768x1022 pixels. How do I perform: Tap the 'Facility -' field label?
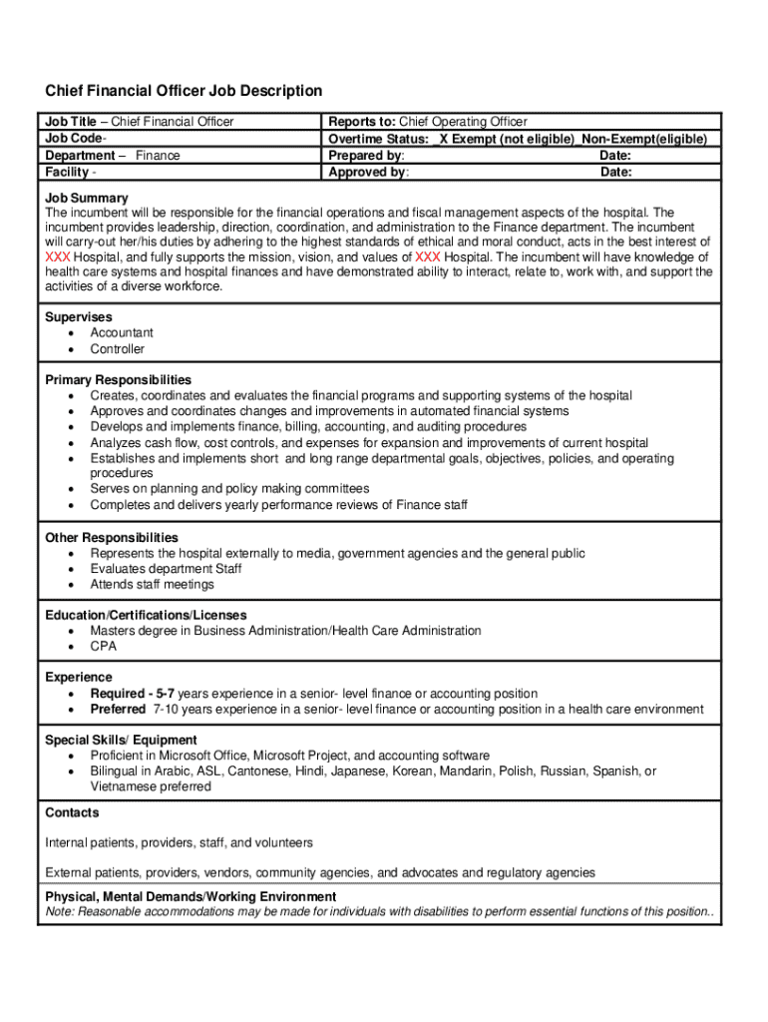pos(72,173)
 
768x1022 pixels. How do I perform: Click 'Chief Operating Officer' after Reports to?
pos(459,122)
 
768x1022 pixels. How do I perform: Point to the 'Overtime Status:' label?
pos(379,139)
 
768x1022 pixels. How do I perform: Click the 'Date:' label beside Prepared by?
pos(615,156)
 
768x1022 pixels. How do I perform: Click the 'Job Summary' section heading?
pos(87,198)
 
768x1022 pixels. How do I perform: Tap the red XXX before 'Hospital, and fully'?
pos(58,256)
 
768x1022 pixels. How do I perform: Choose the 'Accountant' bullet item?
pos(122,332)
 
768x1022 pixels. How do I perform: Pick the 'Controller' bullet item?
pos(118,349)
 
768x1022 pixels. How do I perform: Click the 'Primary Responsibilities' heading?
pos(118,380)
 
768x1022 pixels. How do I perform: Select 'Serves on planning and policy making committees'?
pos(229,489)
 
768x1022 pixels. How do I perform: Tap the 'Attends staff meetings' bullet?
pos(152,585)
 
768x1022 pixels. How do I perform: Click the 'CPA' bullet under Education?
pos(103,647)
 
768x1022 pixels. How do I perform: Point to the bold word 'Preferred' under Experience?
pos(118,710)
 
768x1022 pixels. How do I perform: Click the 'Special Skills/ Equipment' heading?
pos(121,740)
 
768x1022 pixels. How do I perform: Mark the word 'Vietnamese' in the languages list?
pos(124,786)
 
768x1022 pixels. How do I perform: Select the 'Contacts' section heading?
pos(72,813)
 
